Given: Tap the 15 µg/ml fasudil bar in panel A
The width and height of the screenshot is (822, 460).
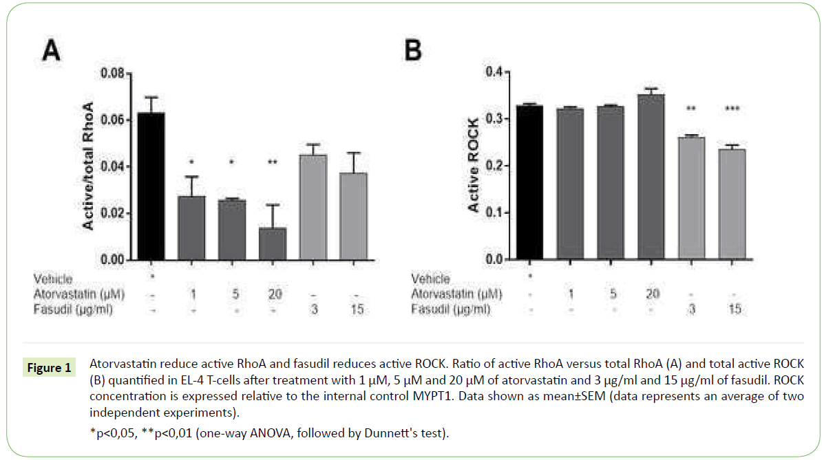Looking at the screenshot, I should coord(353,217).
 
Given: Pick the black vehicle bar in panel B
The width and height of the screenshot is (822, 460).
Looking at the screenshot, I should coord(529,183).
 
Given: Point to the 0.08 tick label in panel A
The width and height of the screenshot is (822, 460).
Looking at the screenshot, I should coord(113,73).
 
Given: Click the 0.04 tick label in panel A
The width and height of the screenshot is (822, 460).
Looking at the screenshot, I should coord(113,167).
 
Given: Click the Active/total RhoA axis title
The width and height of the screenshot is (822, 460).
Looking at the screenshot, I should coord(88,165).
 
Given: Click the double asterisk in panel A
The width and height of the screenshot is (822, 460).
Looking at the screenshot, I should coord(273,163).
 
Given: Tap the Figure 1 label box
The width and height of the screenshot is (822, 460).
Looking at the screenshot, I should coord(49,368).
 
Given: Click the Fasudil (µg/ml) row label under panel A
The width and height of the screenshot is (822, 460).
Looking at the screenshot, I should coord(72,309).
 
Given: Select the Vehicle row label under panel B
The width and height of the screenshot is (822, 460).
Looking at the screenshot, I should coord(430,279).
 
